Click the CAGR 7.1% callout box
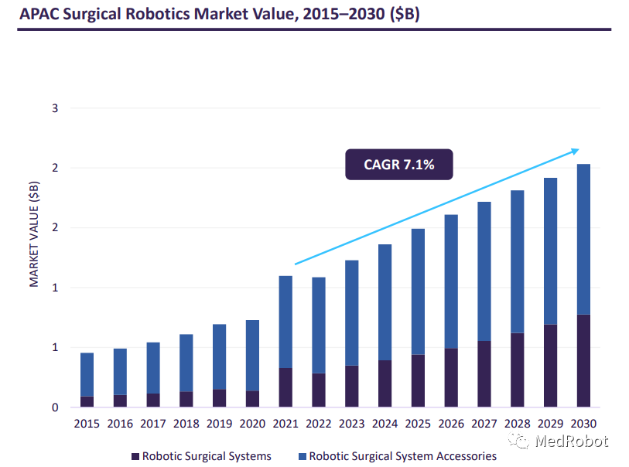[398, 164]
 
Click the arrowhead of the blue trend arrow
[575, 150]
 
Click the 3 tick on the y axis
[55, 108]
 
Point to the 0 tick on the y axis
[55, 407]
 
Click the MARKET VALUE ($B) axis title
[34, 233]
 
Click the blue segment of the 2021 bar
[285, 322]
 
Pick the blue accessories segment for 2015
[87, 375]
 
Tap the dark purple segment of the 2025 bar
[418, 380]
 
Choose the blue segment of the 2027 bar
[484, 271]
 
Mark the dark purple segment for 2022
[319, 390]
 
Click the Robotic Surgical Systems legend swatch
[135, 456]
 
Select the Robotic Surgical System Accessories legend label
[402, 456]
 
